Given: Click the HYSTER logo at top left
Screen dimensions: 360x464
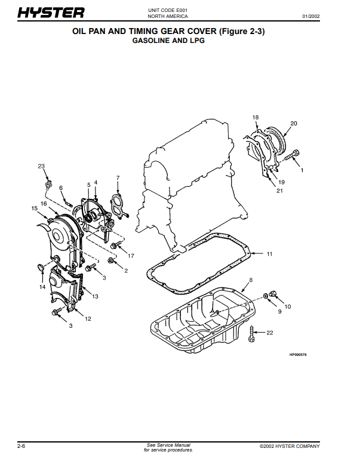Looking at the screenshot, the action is pyautogui.click(x=51, y=13).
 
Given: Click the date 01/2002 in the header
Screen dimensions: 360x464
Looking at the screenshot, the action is pyautogui.click(x=311, y=16).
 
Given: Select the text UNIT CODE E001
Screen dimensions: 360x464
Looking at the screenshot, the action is pyautogui.click(x=168, y=10).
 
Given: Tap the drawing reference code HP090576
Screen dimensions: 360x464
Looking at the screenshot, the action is pyautogui.click(x=298, y=355).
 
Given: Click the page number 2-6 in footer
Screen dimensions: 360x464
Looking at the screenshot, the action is pyautogui.click(x=21, y=446).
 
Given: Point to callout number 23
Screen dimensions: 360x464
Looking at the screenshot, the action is pyautogui.click(x=41, y=166).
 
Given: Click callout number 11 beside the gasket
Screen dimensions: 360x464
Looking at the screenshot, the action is pyautogui.click(x=269, y=254).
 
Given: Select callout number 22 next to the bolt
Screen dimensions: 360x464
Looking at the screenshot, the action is pyautogui.click(x=270, y=333).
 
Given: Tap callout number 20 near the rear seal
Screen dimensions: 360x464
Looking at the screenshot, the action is pyautogui.click(x=294, y=123).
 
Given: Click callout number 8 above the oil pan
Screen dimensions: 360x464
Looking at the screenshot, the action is pyautogui.click(x=251, y=280).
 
